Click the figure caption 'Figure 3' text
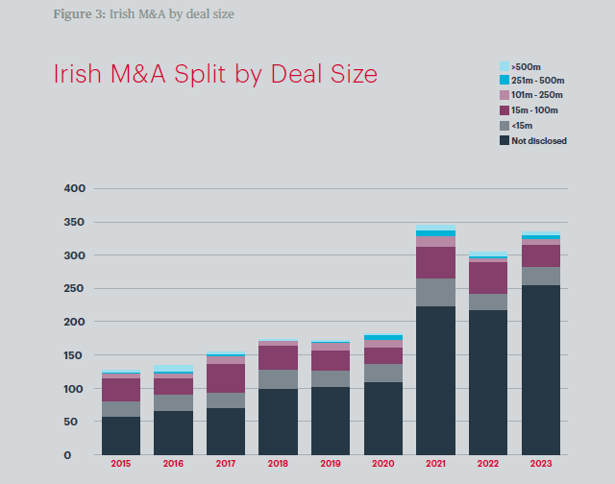coord(78,12)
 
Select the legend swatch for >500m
coord(504,65)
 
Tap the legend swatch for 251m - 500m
coord(504,80)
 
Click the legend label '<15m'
coord(522,126)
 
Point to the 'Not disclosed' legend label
coord(539,141)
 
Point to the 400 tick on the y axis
coord(74,189)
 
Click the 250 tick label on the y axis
coord(74,288)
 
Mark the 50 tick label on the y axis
coord(78,422)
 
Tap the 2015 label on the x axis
coord(121,465)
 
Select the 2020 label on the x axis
coord(383,465)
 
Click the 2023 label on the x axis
coord(541,465)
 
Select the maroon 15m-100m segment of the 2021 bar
coord(435,262)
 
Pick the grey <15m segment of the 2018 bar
coord(278,379)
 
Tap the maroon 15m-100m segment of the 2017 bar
coord(226,378)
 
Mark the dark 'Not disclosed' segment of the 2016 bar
coord(173,432)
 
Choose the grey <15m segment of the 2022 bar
coord(488,302)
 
